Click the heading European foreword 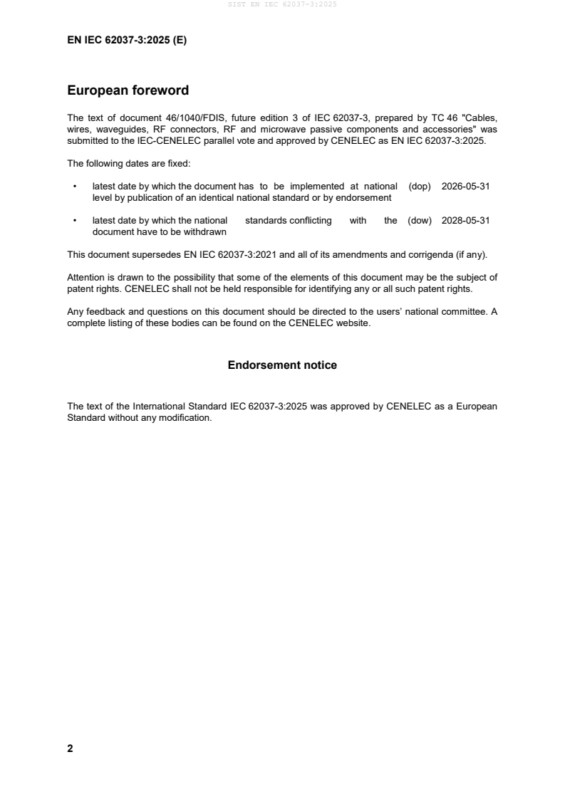tap(128, 90)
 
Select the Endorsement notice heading tap(282, 365)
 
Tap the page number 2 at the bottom tap(70, 748)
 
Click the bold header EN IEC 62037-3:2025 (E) tap(127, 41)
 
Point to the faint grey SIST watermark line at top tap(282, 4)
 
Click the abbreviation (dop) tap(420, 187)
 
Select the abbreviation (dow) tap(420, 221)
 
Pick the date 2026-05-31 tap(465, 187)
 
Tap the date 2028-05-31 tap(465, 221)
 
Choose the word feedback tap(105, 311)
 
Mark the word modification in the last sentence tap(187, 418)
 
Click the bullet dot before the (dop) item tap(75, 187)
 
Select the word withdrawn tap(187, 231)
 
